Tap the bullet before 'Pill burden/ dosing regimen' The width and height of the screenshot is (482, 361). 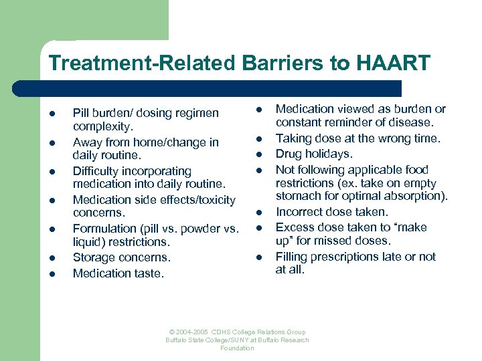coord(52,113)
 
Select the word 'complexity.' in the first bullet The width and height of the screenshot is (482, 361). coord(103,126)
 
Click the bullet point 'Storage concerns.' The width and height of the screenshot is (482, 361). coord(121,257)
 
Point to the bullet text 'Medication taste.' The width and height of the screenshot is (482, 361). coord(118,273)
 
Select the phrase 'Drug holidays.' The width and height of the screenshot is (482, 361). coord(314,154)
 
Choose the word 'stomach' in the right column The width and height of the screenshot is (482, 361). coord(298,197)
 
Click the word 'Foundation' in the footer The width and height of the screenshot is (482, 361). coord(237,348)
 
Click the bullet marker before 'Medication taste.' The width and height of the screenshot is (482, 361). coord(52,273)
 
